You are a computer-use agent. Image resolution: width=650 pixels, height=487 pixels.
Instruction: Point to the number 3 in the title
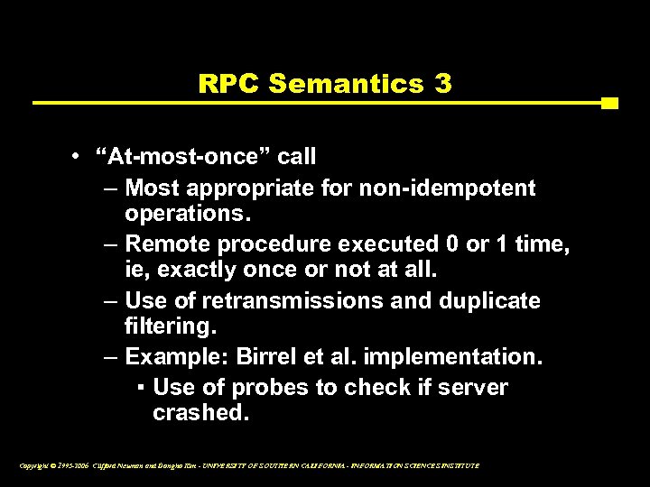(442, 84)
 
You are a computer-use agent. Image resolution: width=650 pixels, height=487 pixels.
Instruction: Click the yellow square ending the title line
(609, 103)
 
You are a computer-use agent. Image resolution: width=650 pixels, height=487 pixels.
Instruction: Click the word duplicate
(487, 300)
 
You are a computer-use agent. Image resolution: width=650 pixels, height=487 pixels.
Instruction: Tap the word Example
(174, 356)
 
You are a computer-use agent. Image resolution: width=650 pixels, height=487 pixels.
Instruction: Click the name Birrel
(267, 356)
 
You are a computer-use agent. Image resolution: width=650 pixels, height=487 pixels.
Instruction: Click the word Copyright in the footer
(33, 465)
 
